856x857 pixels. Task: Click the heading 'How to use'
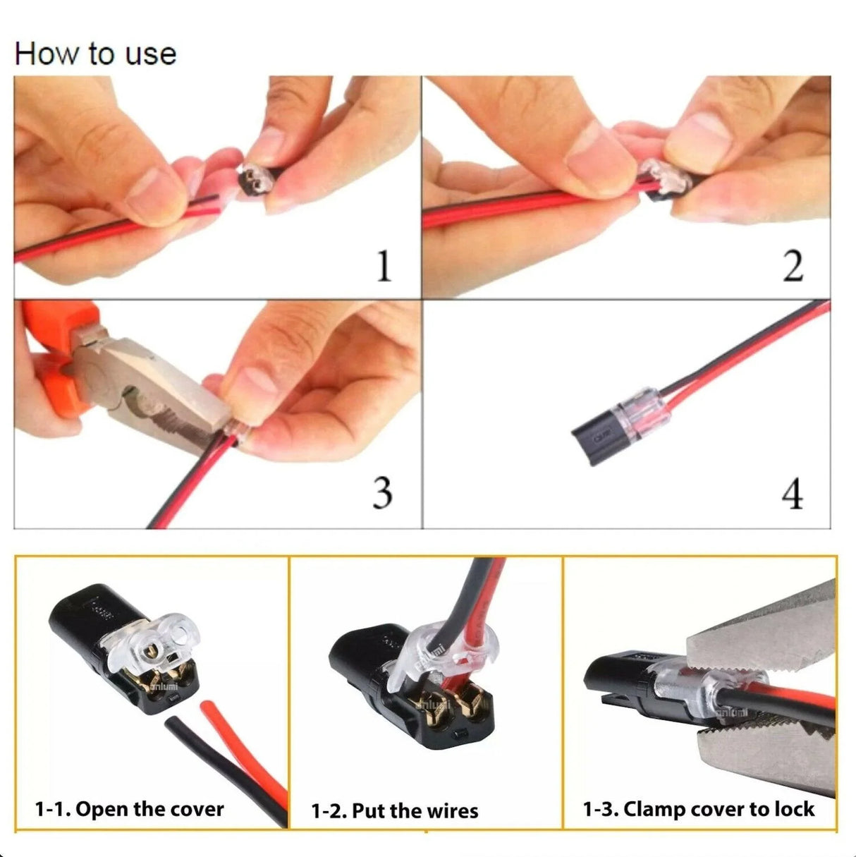click(x=95, y=54)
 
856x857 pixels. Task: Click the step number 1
click(x=383, y=267)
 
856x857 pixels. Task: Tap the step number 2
click(x=793, y=267)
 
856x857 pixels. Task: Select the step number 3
click(x=381, y=492)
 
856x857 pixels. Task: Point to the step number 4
click(x=793, y=493)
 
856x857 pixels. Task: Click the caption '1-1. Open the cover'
click(x=129, y=809)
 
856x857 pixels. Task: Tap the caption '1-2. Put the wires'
click(x=394, y=810)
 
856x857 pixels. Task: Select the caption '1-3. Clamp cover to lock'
click(x=698, y=809)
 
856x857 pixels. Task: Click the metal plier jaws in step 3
click(x=162, y=395)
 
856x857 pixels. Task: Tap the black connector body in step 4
click(x=596, y=438)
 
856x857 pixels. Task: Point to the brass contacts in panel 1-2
click(x=451, y=705)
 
